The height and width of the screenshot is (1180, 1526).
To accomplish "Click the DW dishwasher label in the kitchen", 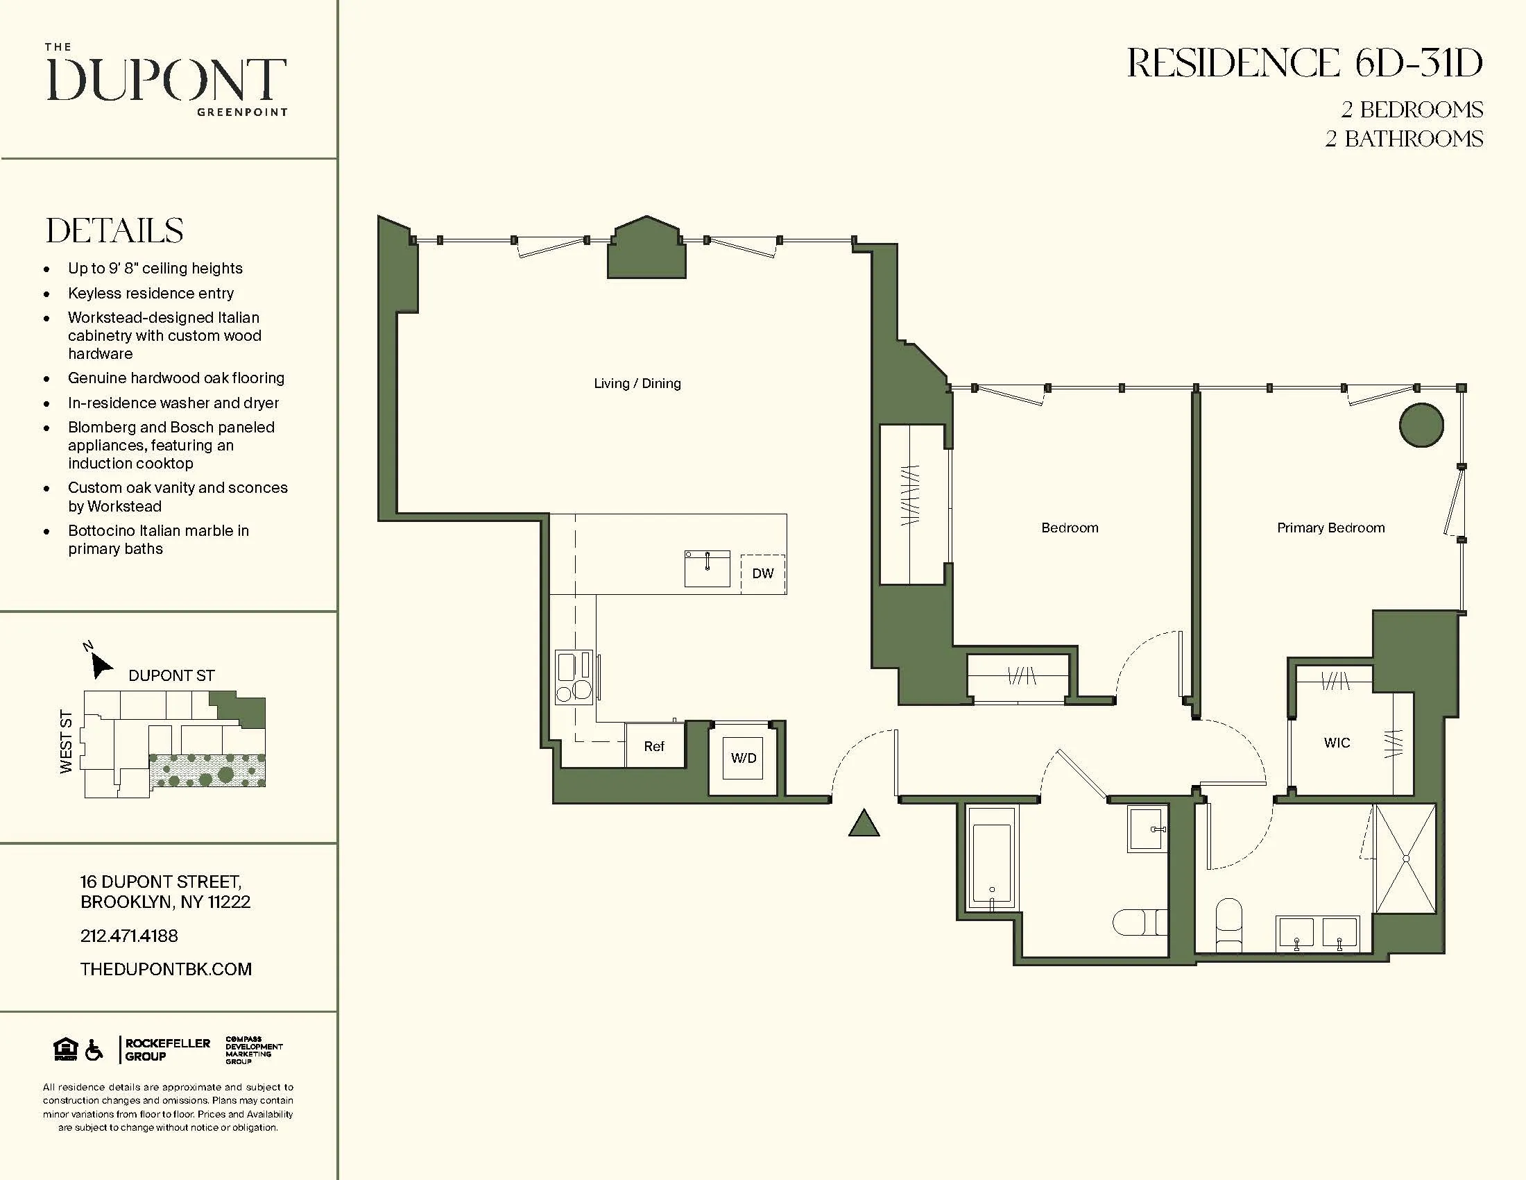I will (x=762, y=573).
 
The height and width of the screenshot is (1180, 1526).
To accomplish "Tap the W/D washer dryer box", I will (x=743, y=759).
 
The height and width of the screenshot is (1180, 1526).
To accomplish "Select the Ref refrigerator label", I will (x=653, y=747).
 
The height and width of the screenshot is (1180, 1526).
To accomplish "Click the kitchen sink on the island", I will (x=706, y=568).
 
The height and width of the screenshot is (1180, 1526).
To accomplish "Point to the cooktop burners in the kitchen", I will (x=574, y=677).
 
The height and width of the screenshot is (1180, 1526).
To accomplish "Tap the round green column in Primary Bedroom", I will (x=1421, y=425).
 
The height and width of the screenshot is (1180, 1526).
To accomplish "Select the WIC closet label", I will (x=1337, y=743).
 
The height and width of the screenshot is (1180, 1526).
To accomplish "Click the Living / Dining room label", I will (x=637, y=383).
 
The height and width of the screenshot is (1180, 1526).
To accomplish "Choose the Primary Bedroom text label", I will (x=1330, y=528).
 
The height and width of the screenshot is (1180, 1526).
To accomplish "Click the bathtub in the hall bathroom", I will (x=991, y=864).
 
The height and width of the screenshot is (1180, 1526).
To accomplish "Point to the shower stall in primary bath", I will (x=1405, y=859).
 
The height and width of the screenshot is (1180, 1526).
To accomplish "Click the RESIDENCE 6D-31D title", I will (x=1304, y=64).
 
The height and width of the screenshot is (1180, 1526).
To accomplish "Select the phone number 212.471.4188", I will (x=128, y=936).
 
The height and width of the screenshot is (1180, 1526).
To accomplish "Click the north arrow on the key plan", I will (x=101, y=666).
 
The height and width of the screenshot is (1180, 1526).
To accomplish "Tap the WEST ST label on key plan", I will (x=67, y=741).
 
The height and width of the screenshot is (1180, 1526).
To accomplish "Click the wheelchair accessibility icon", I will (x=94, y=1050).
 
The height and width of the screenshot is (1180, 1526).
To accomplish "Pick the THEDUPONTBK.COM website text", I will (x=166, y=969).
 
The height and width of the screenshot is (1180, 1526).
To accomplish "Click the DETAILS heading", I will (x=114, y=230).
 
